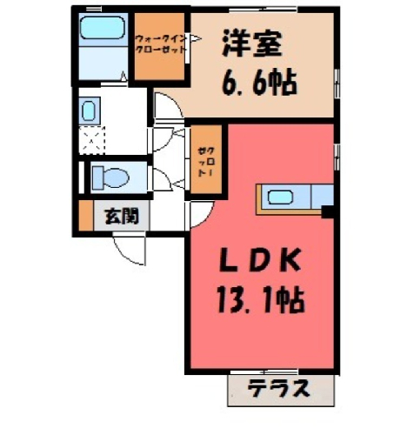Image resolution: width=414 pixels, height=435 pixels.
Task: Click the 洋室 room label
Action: tap(252, 45)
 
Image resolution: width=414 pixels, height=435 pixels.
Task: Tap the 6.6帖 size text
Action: tap(259, 83)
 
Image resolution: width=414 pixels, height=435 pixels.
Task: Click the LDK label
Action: tap(259, 261)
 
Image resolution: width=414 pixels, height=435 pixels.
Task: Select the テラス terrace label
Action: tap(278, 389)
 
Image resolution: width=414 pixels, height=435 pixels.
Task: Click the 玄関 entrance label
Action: tap(122, 217)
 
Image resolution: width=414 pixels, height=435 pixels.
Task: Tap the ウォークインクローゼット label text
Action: tap(160, 43)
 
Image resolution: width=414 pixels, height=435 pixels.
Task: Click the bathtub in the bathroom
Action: tap(103, 28)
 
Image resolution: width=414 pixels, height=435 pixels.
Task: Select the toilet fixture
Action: tap(110, 177)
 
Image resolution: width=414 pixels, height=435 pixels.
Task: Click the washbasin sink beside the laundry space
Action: tap(89, 111)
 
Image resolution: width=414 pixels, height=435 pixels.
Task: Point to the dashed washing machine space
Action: tap(92, 141)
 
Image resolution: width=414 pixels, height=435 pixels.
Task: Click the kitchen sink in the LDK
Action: tap(280, 197)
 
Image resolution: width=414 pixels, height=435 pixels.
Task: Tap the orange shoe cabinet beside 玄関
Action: tap(86, 216)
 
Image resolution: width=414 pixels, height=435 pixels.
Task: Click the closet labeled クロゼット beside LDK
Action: tap(206, 159)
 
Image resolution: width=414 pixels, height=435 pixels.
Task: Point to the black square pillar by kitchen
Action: tap(328, 212)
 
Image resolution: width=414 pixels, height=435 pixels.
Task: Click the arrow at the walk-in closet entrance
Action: tap(196, 38)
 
